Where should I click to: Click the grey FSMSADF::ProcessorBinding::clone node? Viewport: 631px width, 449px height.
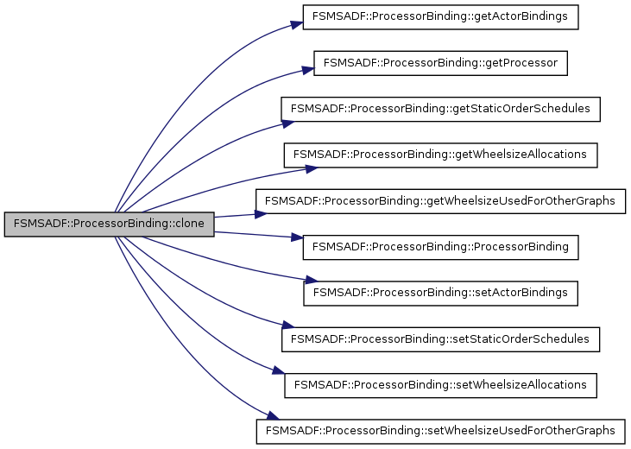(108, 224)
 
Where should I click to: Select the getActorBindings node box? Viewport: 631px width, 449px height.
(440, 18)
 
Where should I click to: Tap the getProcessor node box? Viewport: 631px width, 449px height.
(440, 63)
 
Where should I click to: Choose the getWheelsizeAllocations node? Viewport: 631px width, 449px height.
(440, 155)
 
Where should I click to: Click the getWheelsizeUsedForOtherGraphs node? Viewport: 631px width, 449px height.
(440, 200)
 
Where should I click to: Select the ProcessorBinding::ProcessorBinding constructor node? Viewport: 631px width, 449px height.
(440, 246)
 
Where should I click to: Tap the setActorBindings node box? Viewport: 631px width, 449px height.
(440, 292)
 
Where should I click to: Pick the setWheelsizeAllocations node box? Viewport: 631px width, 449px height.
(440, 383)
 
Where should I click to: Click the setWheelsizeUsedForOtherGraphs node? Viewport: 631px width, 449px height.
(440, 429)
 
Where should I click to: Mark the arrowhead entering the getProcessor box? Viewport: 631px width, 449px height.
(307, 68)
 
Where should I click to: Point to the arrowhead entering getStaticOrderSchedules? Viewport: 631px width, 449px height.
(276, 121)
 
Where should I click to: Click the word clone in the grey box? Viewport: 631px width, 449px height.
(192, 224)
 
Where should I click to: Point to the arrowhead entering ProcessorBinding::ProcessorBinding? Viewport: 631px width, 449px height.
(296, 237)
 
